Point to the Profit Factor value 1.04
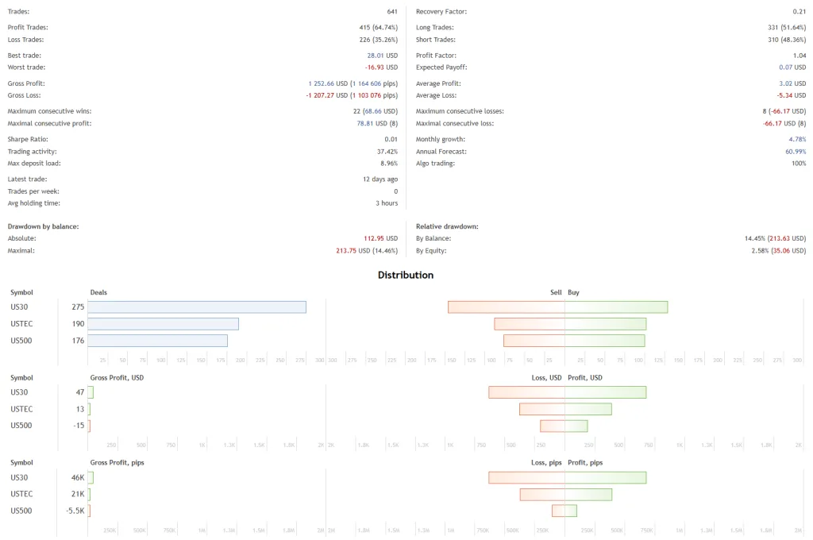[x=800, y=56]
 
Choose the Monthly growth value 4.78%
[x=797, y=139]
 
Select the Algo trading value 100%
[x=798, y=163]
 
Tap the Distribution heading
[x=406, y=275]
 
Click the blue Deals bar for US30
[x=197, y=307]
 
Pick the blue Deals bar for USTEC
[x=163, y=324]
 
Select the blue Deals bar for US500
[x=157, y=341]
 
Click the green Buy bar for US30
[x=616, y=307]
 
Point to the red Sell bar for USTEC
[x=530, y=324]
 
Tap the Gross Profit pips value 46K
[x=78, y=478]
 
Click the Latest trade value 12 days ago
[x=380, y=179]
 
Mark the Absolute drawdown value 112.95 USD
[x=380, y=238]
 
